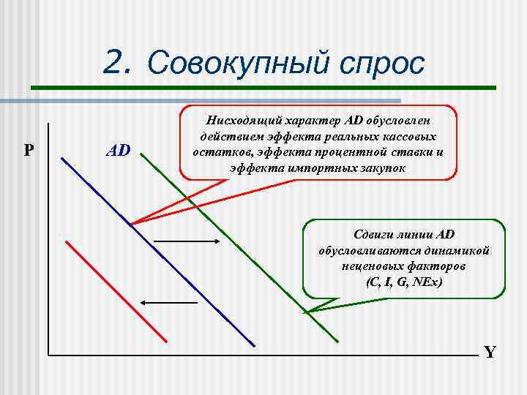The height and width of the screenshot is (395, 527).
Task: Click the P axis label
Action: point(28,151)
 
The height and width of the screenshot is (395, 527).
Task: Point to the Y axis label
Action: point(490,353)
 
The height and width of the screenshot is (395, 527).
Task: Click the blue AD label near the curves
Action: point(118,151)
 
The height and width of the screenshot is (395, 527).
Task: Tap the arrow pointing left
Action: point(170,302)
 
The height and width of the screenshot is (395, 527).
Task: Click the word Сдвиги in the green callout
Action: point(373,235)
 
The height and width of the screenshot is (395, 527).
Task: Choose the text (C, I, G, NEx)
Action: point(404,282)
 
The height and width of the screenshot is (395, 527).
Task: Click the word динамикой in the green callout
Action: point(462,251)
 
